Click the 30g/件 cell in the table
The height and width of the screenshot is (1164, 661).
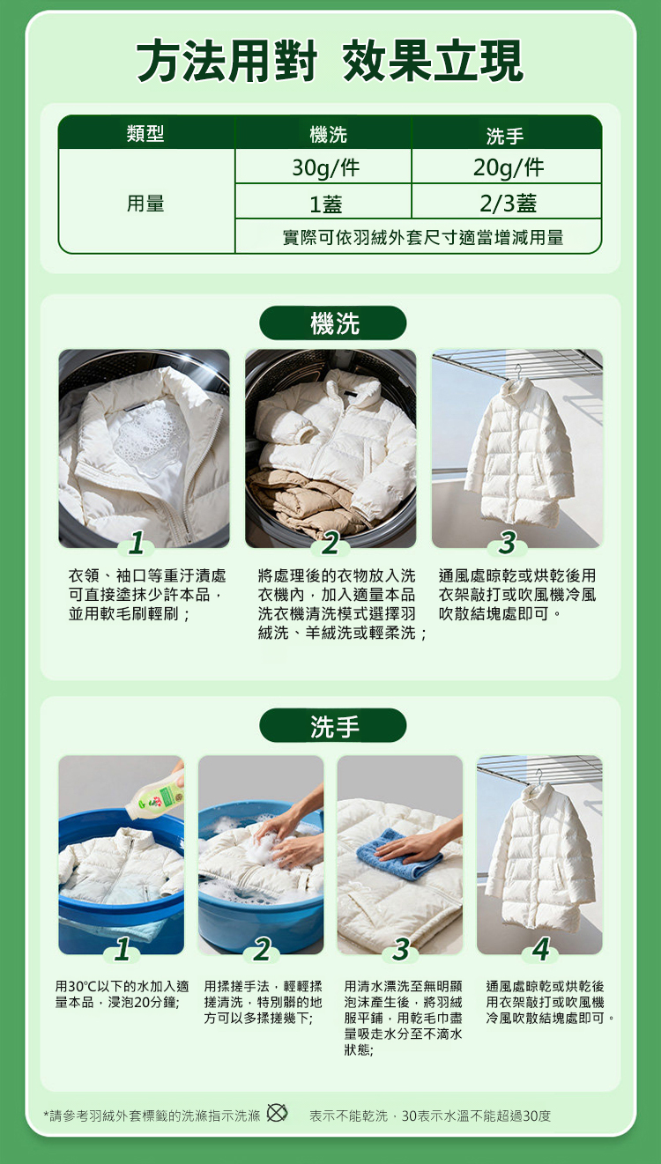click(x=323, y=167)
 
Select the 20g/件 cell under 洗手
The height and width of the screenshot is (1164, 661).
click(x=507, y=167)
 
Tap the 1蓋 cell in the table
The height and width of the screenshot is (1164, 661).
click(x=323, y=202)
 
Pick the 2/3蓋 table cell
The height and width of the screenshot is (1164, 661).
click(x=507, y=202)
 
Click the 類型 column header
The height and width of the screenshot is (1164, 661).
click(x=146, y=133)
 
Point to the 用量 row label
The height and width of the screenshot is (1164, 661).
click(x=146, y=203)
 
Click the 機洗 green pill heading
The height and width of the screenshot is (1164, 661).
click(x=332, y=323)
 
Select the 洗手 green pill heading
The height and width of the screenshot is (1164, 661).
click(x=332, y=725)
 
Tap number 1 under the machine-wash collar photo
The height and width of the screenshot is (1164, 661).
click(x=137, y=543)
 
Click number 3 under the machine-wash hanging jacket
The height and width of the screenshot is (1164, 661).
click(x=508, y=543)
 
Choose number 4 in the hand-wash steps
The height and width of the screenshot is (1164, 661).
click(x=541, y=949)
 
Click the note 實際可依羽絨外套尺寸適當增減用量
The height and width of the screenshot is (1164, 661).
click(x=423, y=238)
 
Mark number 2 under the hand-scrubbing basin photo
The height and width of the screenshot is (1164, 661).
click(x=262, y=949)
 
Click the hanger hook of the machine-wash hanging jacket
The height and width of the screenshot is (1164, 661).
click(x=517, y=371)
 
